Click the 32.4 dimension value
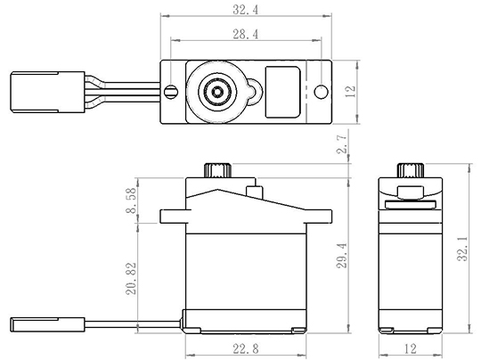pyautogui.click(x=246, y=10)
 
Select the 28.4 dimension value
pyautogui.click(x=246, y=34)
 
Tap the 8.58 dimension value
pyautogui.click(x=131, y=200)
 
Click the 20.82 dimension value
pyautogui.click(x=131, y=278)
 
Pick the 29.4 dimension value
pyautogui.click(x=341, y=256)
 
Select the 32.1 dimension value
pyautogui.click(x=462, y=249)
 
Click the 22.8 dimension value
pyautogui.click(x=246, y=348)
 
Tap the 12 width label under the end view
pyautogui.click(x=410, y=348)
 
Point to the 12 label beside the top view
pyautogui.click(x=350, y=91)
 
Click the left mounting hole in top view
pyautogui.click(x=171, y=92)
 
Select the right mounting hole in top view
pyautogui.click(x=322, y=92)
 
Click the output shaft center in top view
pyautogui.click(x=217, y=92)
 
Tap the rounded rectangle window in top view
pyautogui.click(x=282, y=92)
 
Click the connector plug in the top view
pyautogui.click(x=47, y=92)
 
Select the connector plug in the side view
pyautogui.click(x=47, y=324)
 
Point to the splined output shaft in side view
pyautogui.click(x=218, y=170)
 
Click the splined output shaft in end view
pyautogui.click(x=411, y=170)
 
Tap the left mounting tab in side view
pyautogui.click(x=173, y=217)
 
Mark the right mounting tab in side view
pyautogui.click(x=319, y=217)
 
